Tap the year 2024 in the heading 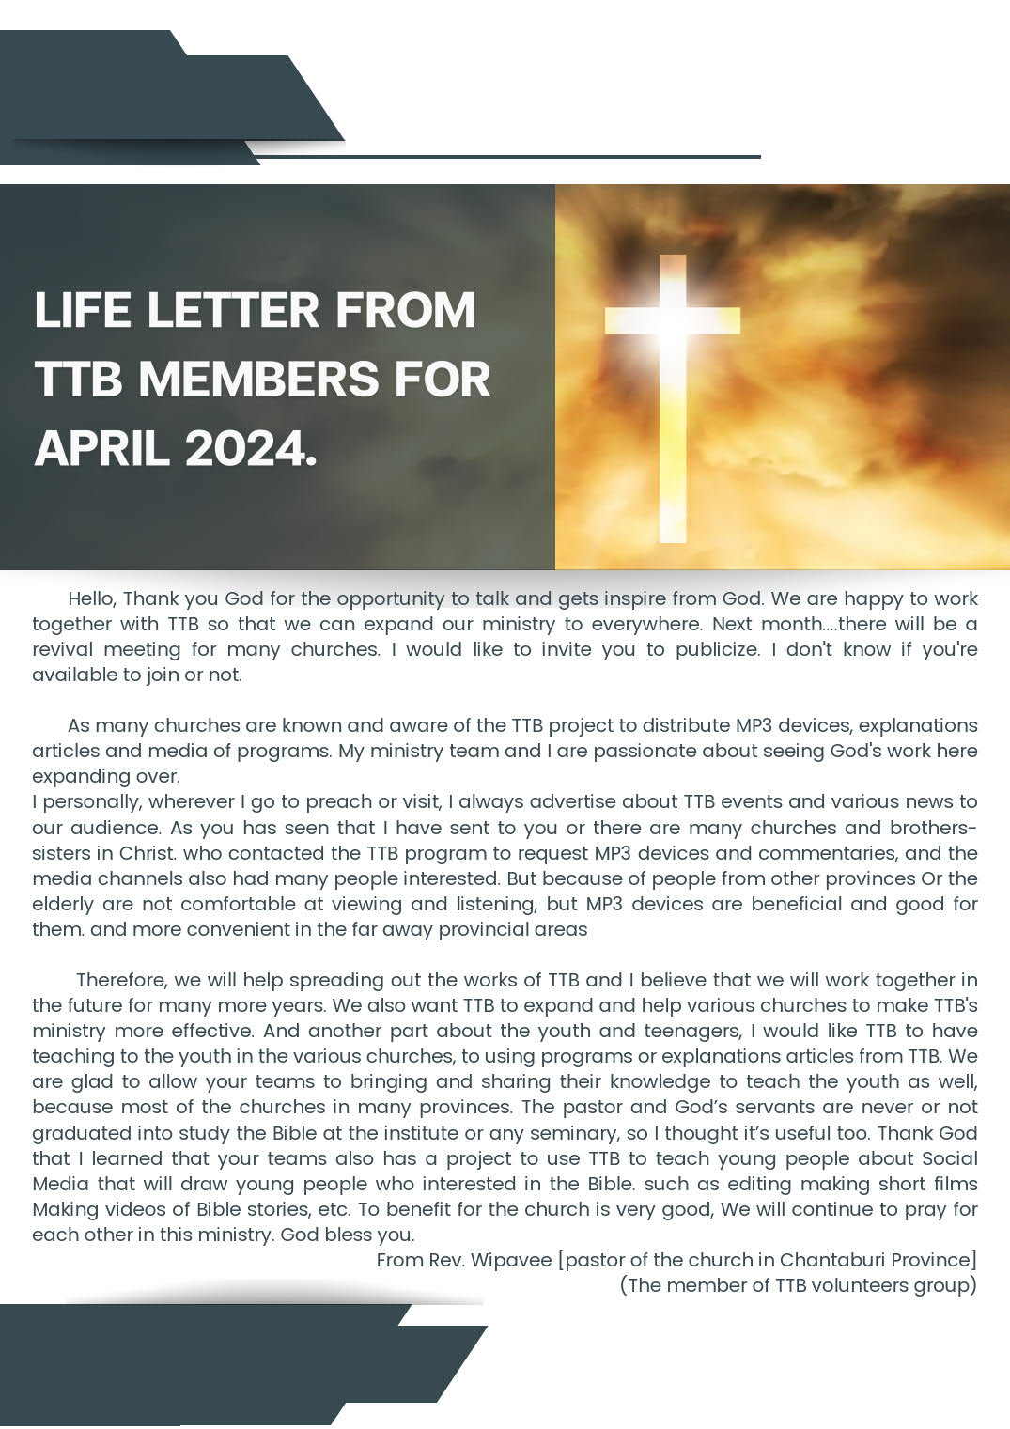point(251,448)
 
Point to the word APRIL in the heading point(102,448)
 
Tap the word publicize point(717,649)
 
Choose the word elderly point(63,904)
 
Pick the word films point(952,1184)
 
